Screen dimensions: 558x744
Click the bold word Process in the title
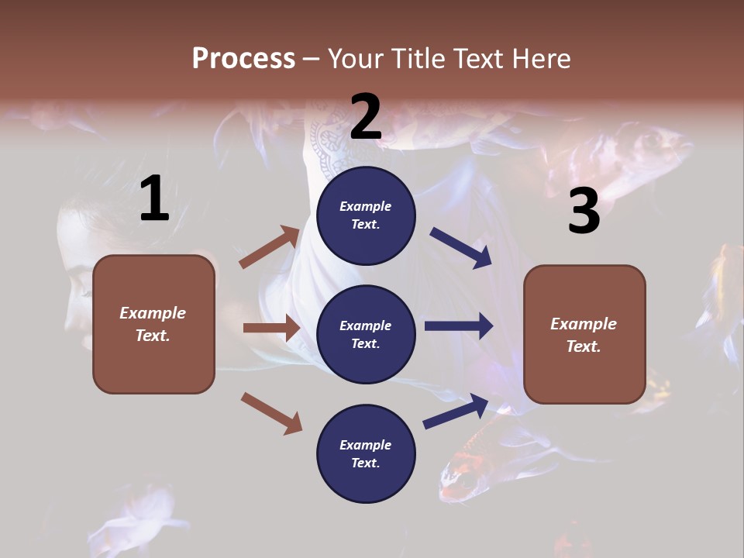(x=243, y=58)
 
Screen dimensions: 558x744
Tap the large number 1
(x=154, y=199)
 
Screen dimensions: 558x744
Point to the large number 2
(x=366, y=116)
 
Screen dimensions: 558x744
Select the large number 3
(x=584, y=211)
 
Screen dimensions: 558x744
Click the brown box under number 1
(x=153, y=324)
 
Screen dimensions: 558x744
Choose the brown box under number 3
(x=584, y=334)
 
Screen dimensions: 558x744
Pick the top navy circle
(x=366, y=215)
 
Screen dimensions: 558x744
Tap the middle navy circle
(x=366, y=334)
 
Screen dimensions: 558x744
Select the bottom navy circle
(x=366, y=453)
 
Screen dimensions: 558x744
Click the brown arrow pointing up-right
(x=270, y=247)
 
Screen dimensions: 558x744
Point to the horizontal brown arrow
(x=271, y=328)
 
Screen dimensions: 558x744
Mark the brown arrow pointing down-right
(x=271, y=412)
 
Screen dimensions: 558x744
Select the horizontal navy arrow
(x=458, y=326)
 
